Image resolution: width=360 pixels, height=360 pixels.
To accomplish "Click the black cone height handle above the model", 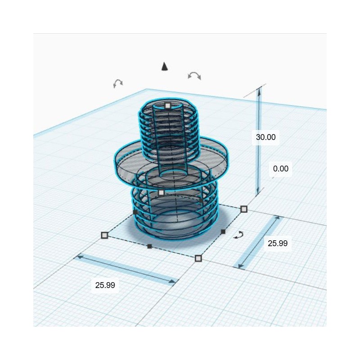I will (x=165, y=67).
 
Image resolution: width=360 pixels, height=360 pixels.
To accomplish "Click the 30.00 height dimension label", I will (x=265, y=137).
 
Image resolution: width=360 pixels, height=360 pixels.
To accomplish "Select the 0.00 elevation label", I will (x=281, y=169).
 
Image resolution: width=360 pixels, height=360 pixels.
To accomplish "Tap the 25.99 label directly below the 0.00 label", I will (x=278, y=243).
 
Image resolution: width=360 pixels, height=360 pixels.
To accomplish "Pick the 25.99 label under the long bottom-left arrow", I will (x=105, y=285).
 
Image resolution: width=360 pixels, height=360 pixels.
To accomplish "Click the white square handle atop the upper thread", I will (x=167, y=106).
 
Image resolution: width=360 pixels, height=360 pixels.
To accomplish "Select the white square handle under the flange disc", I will (x=162, y=193).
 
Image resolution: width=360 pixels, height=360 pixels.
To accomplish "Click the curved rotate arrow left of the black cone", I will (x=118, y=83).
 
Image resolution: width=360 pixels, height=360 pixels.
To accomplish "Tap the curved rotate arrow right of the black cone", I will (x=194, y=75).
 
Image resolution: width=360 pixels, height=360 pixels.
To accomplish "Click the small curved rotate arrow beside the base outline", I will (x=239, y=235).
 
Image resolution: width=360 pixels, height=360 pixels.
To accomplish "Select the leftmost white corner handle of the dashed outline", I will (x=104, y=235).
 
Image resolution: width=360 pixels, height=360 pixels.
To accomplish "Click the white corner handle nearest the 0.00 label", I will (x=244, y=209).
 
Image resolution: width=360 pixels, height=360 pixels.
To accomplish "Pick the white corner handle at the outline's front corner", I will (x=198, y=258).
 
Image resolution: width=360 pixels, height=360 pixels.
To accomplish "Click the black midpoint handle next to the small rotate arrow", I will (x=223, y=231).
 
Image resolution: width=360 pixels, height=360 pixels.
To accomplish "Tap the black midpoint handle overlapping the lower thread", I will (x=135, y=211).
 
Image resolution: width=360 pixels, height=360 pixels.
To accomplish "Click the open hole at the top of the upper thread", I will (x=167, y=111).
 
